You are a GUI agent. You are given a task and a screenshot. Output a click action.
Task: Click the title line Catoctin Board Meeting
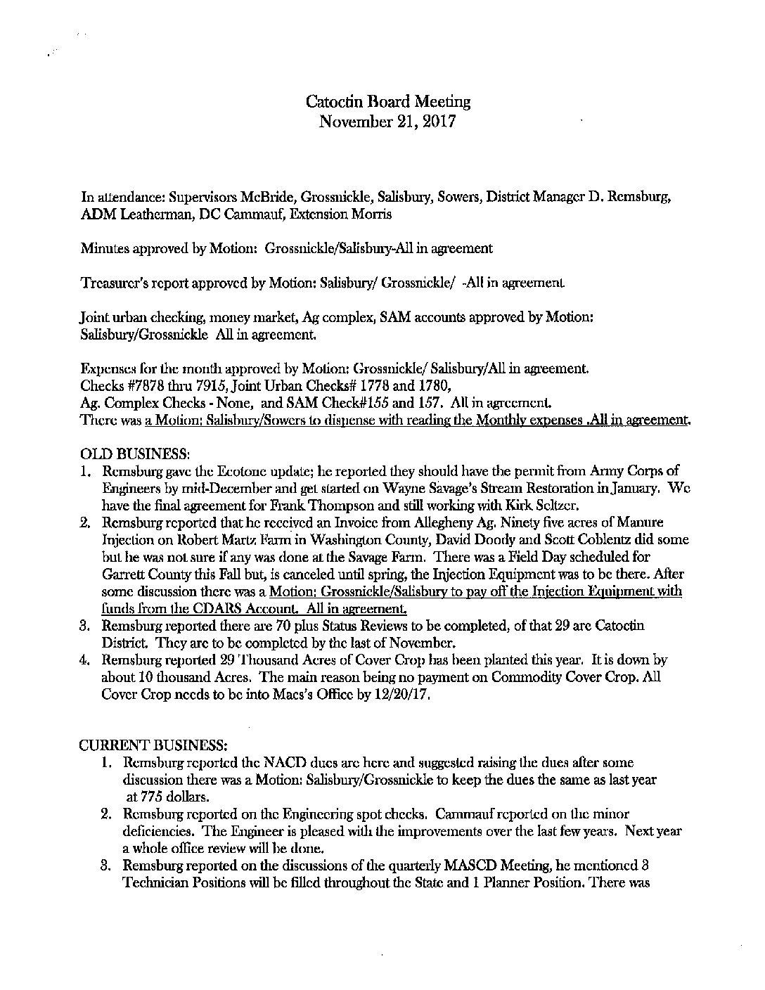tap(388, 102)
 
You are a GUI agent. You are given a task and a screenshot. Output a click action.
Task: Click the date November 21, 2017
tap(388, 122)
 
